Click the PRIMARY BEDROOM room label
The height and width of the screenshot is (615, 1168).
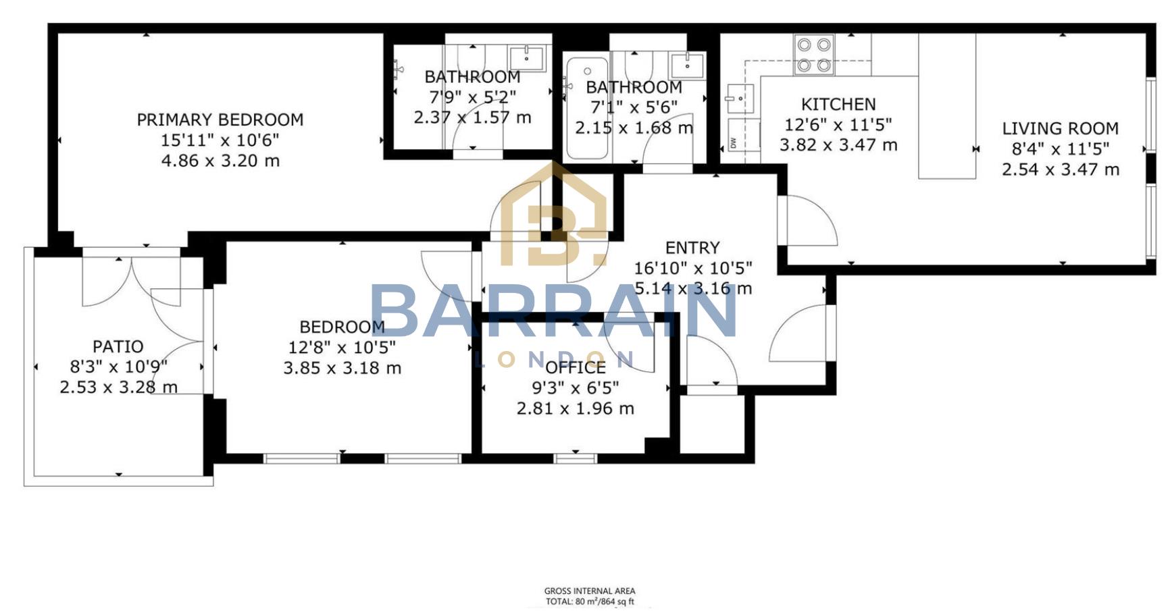[220, 119]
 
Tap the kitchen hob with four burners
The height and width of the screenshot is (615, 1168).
[813, 55]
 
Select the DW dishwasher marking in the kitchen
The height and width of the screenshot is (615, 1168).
[734, 142]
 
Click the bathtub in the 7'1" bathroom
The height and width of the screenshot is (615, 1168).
[586, 108]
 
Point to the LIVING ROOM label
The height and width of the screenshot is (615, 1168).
[1060, 128]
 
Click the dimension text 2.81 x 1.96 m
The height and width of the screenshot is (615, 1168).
[575, 408]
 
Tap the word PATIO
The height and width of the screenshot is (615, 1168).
[118, 346]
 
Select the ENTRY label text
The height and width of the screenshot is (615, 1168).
[692, 248]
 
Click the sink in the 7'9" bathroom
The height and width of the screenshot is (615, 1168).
[527, 58]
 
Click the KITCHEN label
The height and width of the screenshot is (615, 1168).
[838, 104]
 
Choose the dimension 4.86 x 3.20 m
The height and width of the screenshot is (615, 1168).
[220, 161]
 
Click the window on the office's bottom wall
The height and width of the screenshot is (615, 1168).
[575, 458]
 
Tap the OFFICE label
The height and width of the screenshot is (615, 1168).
[575, 368]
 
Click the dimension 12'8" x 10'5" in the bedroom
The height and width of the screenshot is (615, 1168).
[342, 348]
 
